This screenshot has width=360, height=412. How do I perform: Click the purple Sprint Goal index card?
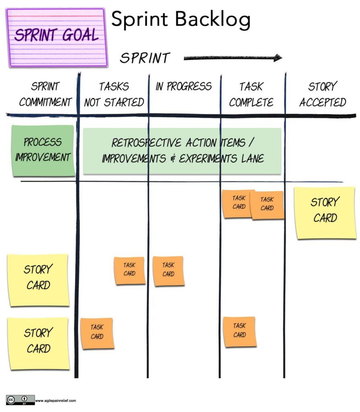[x=57, y=37]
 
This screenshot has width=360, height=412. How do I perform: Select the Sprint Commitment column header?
[x=45, y=94]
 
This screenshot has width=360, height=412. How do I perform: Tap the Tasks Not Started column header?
[x=114, y=94]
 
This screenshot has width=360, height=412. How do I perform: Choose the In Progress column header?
[x=183, y=87]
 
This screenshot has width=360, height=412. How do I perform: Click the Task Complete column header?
[x=251, y=94]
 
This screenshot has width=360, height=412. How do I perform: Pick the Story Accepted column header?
[x=323, y=94]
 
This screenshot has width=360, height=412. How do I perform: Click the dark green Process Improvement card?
[x=43, y=150]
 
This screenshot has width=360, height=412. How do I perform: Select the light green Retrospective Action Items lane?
[x=182, y=150]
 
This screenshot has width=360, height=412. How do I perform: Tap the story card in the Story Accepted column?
[x=325, y=212]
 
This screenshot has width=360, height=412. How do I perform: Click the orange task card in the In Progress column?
[x=169, y=271]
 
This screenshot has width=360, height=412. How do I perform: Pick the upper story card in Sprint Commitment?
[x=38, y=279]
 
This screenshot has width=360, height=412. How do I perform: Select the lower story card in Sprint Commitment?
[x=39, y=343]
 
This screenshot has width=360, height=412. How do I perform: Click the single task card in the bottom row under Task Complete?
[x=240, y=331]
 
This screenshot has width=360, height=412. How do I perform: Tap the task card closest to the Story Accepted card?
[x=267, y=205]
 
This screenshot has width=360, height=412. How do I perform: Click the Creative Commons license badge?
[x=20, y=400]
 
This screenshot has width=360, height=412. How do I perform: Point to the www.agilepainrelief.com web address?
[x=56, y=400]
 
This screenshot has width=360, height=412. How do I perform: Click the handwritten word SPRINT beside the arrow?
[x=145, y=58]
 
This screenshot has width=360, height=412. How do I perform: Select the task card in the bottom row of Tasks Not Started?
[x=97, y=333]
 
